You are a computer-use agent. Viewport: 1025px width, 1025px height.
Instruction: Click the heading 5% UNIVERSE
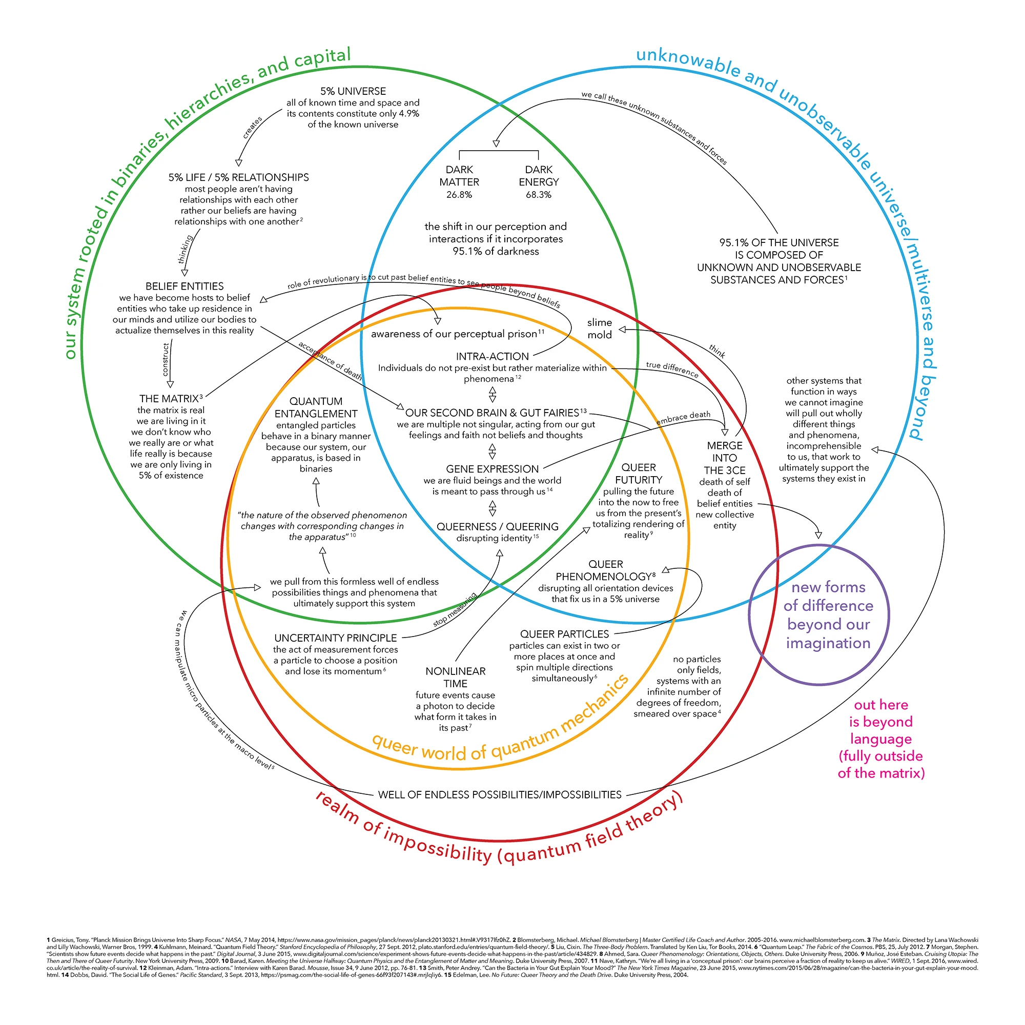click(x=353, y=91)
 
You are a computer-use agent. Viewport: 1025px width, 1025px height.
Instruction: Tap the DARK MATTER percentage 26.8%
click(x=459, y=195)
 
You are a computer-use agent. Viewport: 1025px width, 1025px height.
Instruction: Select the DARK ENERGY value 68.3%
click(x=539, y=195)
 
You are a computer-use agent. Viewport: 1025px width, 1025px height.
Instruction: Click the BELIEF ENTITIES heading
click(x=184, y=286)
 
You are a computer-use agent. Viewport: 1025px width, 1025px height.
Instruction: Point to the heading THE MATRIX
click(x=169, y=398)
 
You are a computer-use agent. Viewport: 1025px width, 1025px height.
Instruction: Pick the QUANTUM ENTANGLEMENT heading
click(x=316, y=407)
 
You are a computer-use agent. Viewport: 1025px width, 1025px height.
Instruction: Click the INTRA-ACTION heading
click(x=493, y=357)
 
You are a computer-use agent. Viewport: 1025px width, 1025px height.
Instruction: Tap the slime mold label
click(x=600, y=329)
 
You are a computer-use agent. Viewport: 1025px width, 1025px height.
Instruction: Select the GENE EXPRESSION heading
click(x=493, y=469)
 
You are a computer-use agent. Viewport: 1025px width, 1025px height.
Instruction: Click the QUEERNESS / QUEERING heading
click(x=498, y=526)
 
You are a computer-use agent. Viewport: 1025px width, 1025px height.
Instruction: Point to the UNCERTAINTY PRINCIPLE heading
click(x=335, y=638)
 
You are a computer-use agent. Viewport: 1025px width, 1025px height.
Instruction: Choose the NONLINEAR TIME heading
click(x=455, y=678)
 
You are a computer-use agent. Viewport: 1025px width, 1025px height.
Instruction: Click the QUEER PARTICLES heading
click(x=564, y=634)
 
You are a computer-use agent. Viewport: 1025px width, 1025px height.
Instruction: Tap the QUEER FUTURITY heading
click(x=639, y=473)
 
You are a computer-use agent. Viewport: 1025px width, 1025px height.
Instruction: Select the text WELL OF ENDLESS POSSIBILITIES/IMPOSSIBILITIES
click(x=500, y=795)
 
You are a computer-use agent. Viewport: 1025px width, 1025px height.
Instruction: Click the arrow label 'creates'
click(x=253, y=128)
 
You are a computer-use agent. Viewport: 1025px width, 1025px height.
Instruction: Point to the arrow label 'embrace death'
click(x=683, y=418)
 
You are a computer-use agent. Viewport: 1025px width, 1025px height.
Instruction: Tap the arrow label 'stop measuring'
click(x=455, y=609)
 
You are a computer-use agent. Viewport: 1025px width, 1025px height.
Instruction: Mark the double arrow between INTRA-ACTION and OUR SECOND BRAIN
click(x=493, y=394)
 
